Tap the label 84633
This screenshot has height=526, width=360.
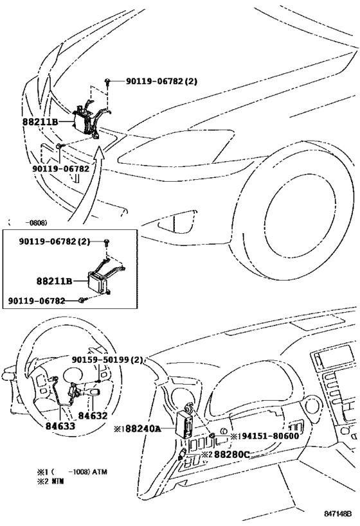tap(61, 425)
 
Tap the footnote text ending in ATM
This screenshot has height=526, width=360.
tap(72, 471)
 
